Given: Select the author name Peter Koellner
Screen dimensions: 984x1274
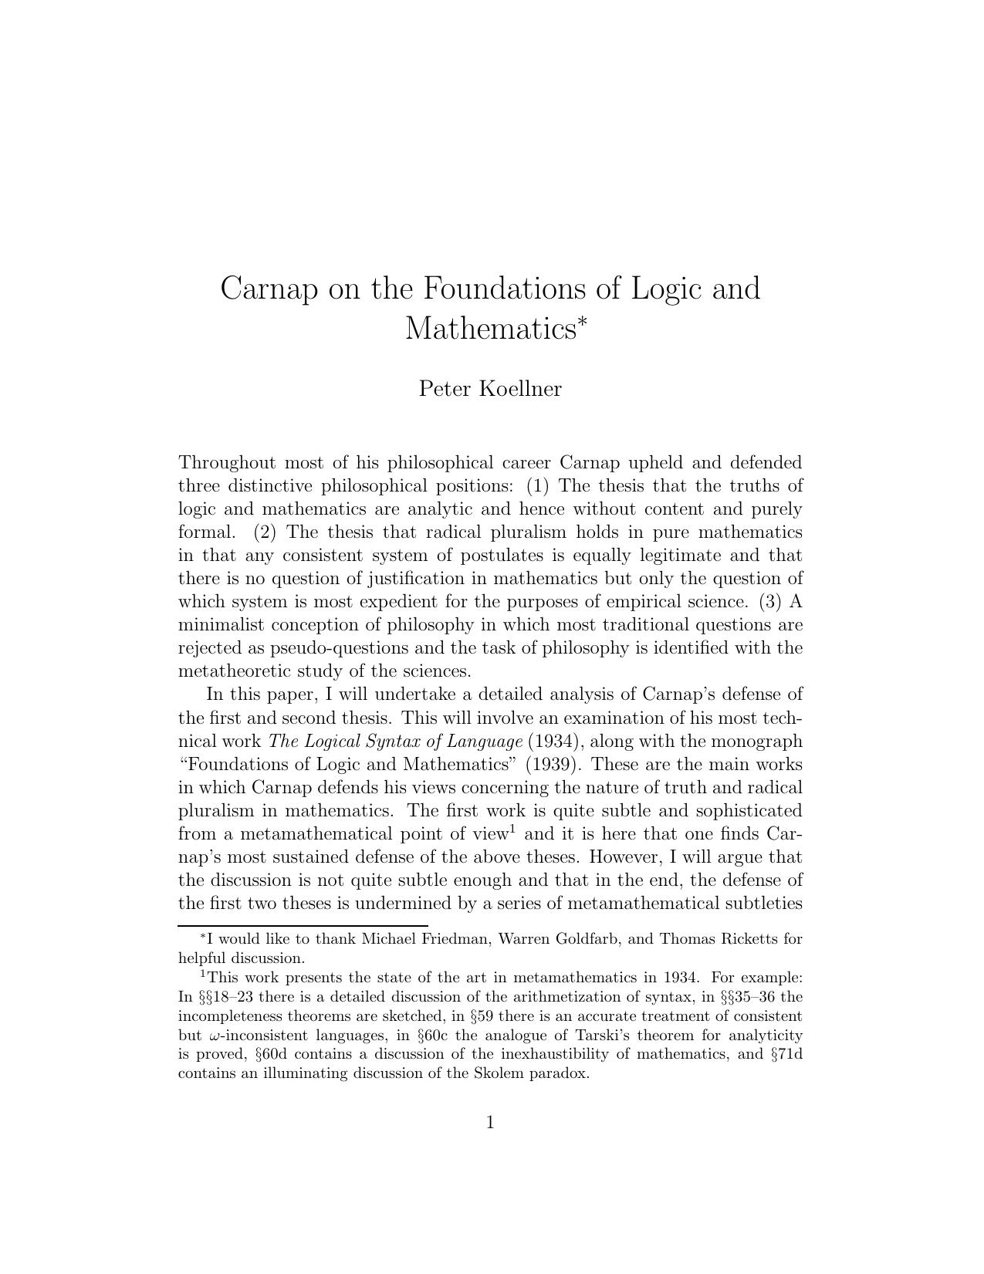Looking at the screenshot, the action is pyautogui.click(x=490, y=388).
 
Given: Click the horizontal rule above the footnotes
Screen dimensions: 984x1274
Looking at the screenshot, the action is pyautogui.click(x=303, y=924).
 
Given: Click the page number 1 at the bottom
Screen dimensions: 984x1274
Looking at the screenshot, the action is pyautogui.click(x=491, y=1123).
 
